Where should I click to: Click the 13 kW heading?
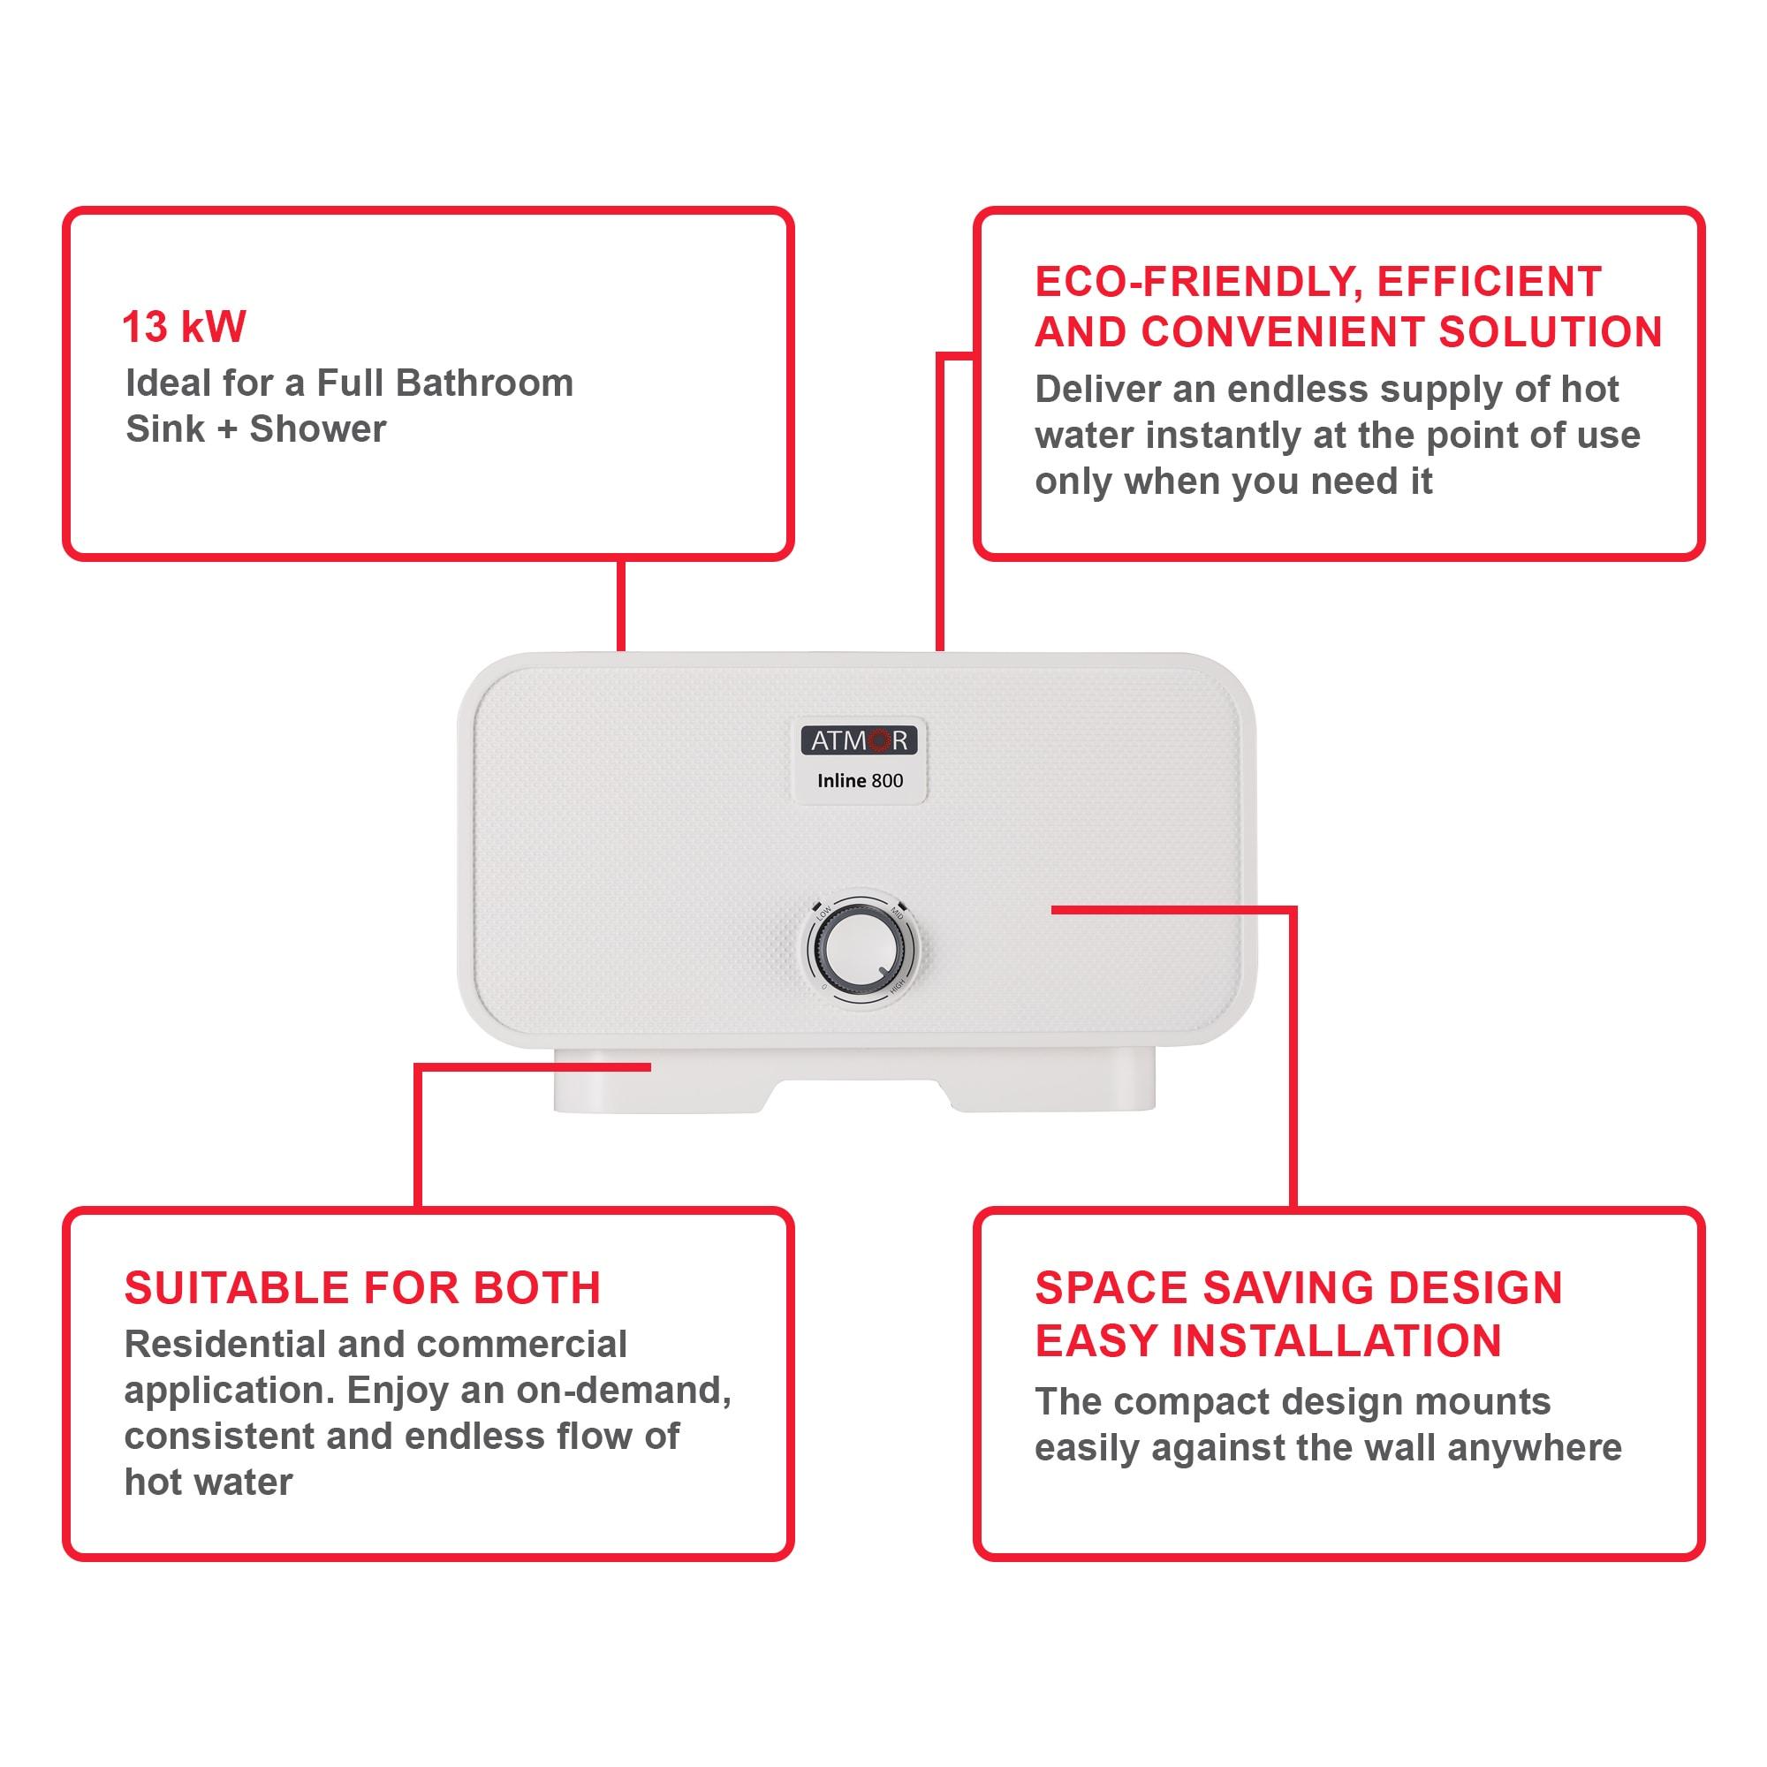(184, 328)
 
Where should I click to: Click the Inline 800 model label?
(860, 781)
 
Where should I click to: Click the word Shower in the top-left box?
(317, 429)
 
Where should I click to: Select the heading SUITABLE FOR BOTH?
(362, 1289)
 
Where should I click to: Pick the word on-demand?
(623, 1390)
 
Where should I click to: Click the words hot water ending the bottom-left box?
(209, 1483)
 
